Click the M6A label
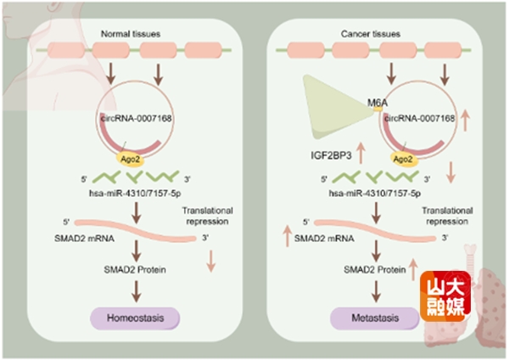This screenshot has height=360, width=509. coord(378,103)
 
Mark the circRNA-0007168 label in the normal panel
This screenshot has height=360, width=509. coord(143,119)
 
